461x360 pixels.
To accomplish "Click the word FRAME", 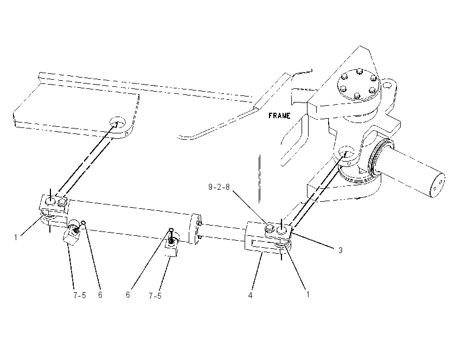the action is coord(279,116).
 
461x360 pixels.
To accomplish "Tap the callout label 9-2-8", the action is coord(219,187).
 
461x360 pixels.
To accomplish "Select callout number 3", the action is coord(341,250).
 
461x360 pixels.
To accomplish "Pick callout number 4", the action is coord(250,295).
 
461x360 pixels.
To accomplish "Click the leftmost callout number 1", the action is coord(16,237).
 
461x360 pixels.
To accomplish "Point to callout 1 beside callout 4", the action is coord(308,294).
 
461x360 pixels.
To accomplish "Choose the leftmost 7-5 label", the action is coord(80,295).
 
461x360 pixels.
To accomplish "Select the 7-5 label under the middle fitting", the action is coord(155,296).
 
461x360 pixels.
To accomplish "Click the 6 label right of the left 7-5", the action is coord(100,295).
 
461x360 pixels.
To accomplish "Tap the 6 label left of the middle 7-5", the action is coord(128,295).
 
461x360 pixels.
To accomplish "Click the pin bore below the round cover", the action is coord(347,152).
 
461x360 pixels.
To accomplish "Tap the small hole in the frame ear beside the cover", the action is coord(387,86).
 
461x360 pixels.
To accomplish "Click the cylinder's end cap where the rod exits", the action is coord(195,229).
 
